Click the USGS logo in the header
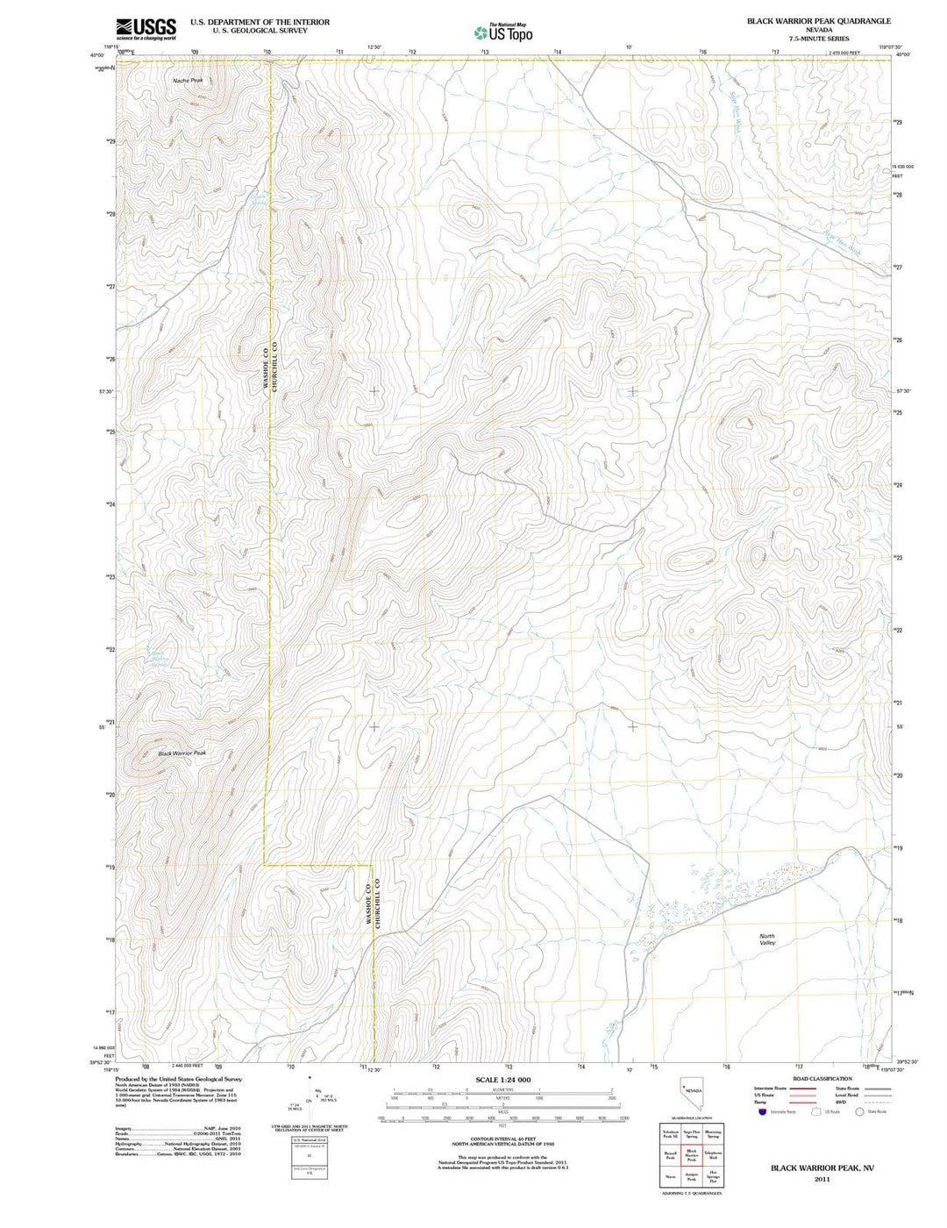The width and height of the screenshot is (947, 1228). pos(146,29)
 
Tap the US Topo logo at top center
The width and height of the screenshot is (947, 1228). pos(503,32)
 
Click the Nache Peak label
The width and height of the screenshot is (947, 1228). pos(188,80)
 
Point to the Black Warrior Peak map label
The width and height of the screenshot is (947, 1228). pos(182,753)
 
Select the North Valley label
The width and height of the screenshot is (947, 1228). pos(767,939)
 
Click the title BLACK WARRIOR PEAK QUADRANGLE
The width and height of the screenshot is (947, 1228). pos(818,20)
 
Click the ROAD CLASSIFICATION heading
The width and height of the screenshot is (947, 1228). pos(822,1079)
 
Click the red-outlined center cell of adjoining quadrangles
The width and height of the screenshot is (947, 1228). pos(691,1156)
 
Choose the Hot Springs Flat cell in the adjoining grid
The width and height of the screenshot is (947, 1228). pos(713,1178)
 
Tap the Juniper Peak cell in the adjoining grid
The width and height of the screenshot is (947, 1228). pos(691,1178)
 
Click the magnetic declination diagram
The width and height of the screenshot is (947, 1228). pos(309,1099)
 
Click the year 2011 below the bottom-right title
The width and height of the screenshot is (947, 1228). pos(822,1180)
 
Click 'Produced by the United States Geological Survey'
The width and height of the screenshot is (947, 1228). pos(178,1079)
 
